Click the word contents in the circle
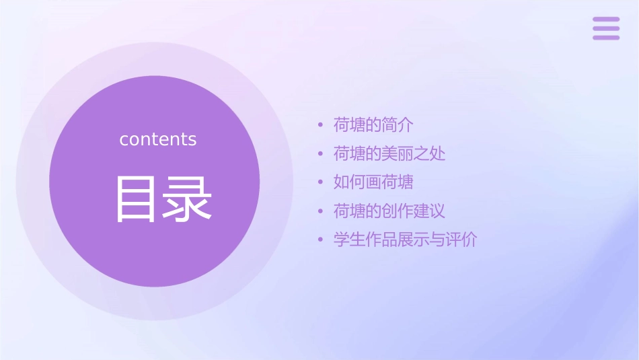click(x=158, y=139)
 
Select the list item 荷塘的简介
click(x=373, y=124)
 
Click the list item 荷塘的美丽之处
click(x=389, y=153)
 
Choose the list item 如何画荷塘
click(x=373, y=182)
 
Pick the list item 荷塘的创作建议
click(x=389, y=211)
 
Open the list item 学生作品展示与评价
click(x=405, y=240)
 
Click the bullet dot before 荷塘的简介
click(x=321, y=125)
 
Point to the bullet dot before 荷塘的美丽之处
click(x=321, y=154)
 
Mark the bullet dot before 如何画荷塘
click(x=321, y=182)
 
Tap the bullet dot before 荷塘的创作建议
click(x=321, y=211)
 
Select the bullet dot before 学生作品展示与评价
click(x=321, y=240)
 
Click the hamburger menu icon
click(x=606, y=28)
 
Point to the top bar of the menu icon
click(x=606, y=20)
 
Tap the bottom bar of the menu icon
click(x=606, y=37)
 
